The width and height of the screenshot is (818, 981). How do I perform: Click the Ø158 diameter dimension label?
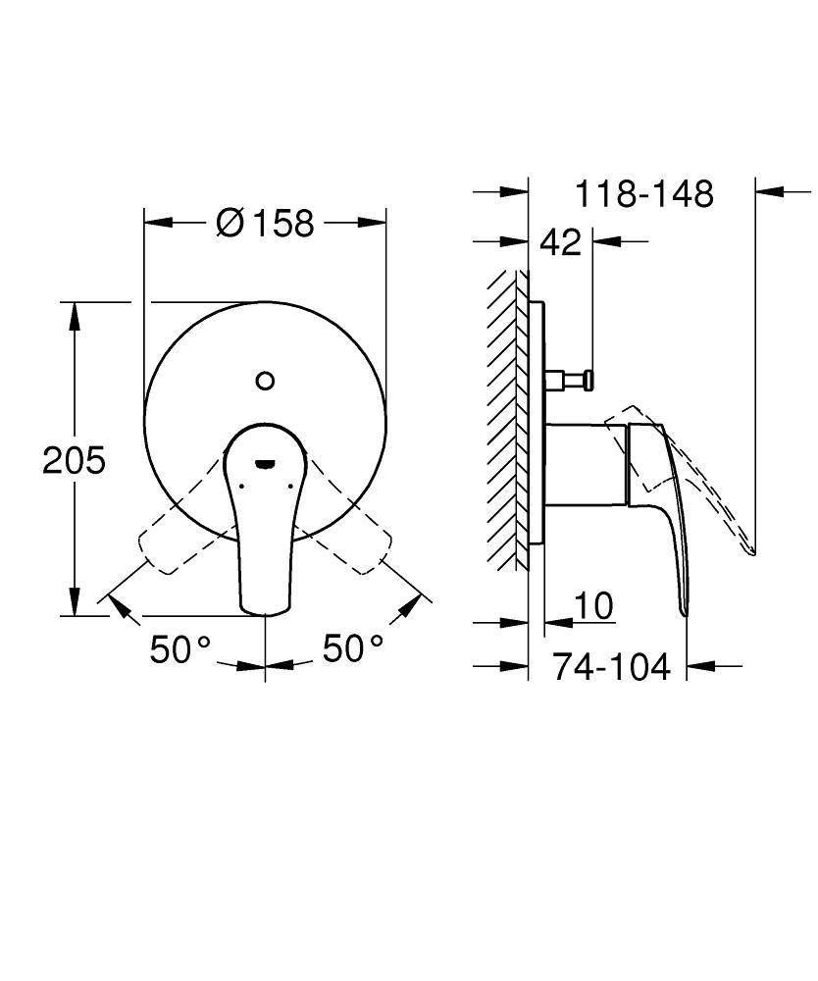coord(265,222)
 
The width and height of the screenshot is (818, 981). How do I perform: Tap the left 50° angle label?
coord(180,648)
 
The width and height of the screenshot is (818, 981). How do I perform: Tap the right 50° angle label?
coord(353,648)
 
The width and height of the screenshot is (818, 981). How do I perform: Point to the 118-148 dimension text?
coord(644,194)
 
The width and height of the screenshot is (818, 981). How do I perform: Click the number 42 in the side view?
coord(560,241)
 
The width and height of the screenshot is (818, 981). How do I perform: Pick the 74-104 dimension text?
coord(611,667)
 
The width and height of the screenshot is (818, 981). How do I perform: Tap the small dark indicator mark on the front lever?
coord(265,463)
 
